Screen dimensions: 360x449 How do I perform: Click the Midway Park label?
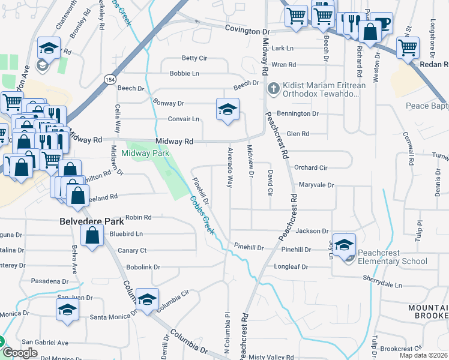[x=145, y=154]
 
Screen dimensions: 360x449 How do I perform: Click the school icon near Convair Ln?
[x=228, y=110]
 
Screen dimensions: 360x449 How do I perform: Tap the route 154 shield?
[x=109, y=79]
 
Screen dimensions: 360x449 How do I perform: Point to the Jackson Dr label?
[x=312, y=230]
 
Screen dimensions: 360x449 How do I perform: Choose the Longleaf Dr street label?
[x=292, y=266]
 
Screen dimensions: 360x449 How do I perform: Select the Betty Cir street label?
[x=194, y=58]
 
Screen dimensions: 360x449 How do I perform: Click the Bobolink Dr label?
[x=143, y=267]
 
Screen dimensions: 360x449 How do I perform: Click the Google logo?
[x=20, y=353]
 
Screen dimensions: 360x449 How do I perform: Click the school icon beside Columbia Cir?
[x=147, y=299]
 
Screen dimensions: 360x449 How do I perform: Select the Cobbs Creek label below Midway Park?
[x=202, y=215]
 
